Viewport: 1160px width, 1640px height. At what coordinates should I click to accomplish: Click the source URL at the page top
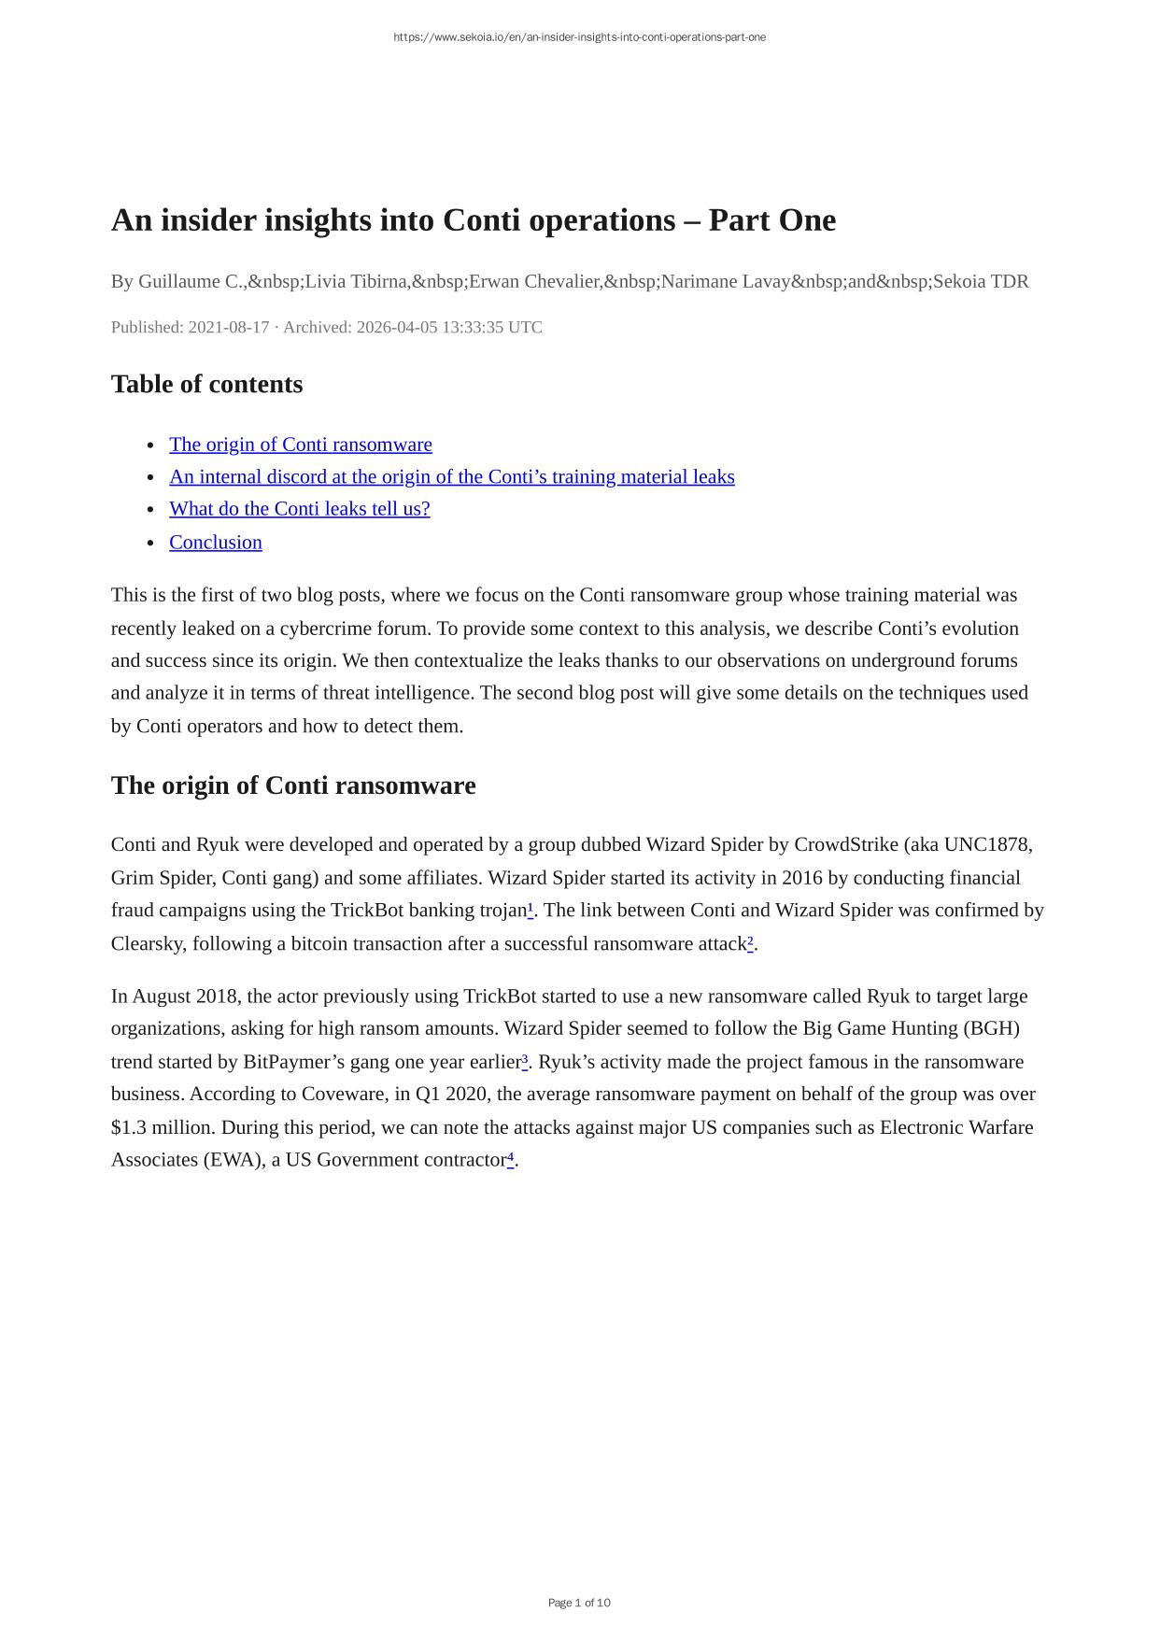pyautogui.click(x=579, y=37)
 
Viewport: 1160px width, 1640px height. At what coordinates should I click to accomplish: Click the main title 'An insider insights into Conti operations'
pyautogui.click(x=473, y=220)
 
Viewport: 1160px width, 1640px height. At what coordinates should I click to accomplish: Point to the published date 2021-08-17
pyautogui.click(x=228, y=327)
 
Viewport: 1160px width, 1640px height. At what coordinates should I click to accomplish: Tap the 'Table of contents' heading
pyautogui.click(x=206, y=384)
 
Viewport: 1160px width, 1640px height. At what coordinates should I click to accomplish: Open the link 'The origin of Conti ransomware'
pyautogui.click(x=300, y=445)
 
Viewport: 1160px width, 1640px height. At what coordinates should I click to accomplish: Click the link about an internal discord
pyautogui.click(x=451, y=477)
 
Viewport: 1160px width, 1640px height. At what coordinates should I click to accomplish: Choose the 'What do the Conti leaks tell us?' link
pyautogui.click(x=299, y=509)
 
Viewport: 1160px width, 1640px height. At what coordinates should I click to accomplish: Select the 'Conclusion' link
pyautogui.click(x=215, y=543)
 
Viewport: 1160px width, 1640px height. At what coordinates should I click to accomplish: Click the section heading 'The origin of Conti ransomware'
pyautogui.click(x=292, y=785)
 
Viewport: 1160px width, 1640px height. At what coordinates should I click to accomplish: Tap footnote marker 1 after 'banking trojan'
pyautogui.click(x=530, y=908)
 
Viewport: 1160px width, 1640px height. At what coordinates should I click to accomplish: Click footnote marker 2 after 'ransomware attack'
pyautogui.click(x=750, y=941)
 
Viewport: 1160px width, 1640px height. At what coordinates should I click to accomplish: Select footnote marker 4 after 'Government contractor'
pyautogui.click(x=511, y=1157)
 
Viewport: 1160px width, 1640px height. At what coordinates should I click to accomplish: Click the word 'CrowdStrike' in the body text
pyautogui.click(x=845, y=845)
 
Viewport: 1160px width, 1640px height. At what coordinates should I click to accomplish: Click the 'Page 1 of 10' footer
pyautogui.click(x=579, y=1603)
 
